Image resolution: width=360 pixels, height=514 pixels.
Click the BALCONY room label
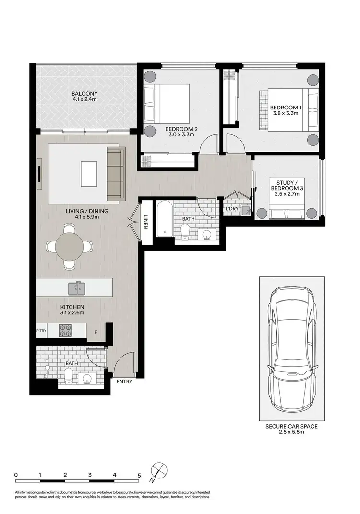84,93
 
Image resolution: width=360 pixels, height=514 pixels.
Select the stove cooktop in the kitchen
65,330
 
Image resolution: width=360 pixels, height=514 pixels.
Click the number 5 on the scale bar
139,475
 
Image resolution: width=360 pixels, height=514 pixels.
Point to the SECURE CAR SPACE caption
291,426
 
